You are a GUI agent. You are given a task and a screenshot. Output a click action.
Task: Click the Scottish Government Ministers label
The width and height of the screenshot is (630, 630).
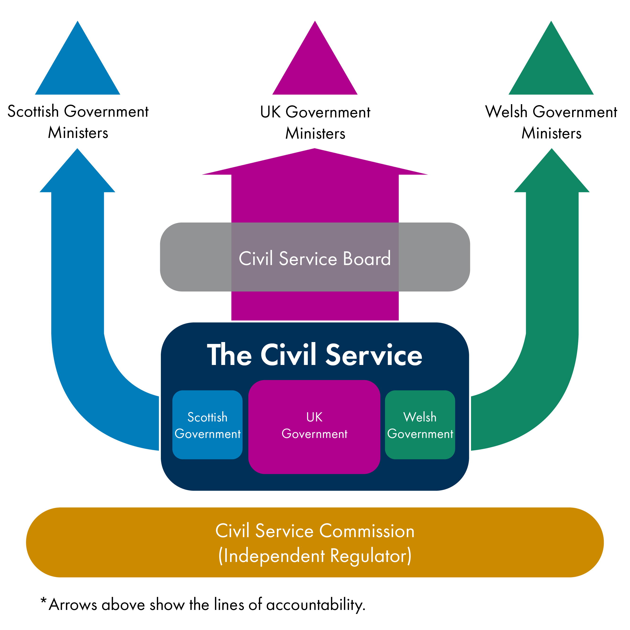78,122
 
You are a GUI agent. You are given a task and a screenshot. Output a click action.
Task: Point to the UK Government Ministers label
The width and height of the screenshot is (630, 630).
315,123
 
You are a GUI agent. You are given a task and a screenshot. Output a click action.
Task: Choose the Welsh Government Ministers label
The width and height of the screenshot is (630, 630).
551,122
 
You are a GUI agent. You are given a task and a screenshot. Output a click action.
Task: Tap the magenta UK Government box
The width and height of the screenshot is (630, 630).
314,427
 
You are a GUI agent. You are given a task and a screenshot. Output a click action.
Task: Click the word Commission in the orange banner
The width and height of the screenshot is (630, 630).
367,531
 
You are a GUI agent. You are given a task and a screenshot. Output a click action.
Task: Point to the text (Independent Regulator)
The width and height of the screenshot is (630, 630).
315,556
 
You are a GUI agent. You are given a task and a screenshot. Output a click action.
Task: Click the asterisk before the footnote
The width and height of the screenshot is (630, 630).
43,601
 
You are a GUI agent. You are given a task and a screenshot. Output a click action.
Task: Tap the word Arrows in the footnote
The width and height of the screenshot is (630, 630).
73,605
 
